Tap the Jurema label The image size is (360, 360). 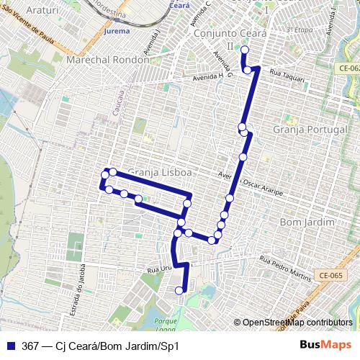coord(117,32)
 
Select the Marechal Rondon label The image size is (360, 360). coord(107,60)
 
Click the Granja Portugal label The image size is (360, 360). coord(305,129)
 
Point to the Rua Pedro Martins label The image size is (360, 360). coord(286,266)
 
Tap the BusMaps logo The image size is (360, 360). coord(325,346)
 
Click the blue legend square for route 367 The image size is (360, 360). coord(11,346)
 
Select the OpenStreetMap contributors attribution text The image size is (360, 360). coord(297,323)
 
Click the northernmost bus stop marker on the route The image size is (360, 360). coord(244,50)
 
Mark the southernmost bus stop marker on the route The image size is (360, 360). coord(179,290)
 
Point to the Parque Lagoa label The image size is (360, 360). coord(165,323)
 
